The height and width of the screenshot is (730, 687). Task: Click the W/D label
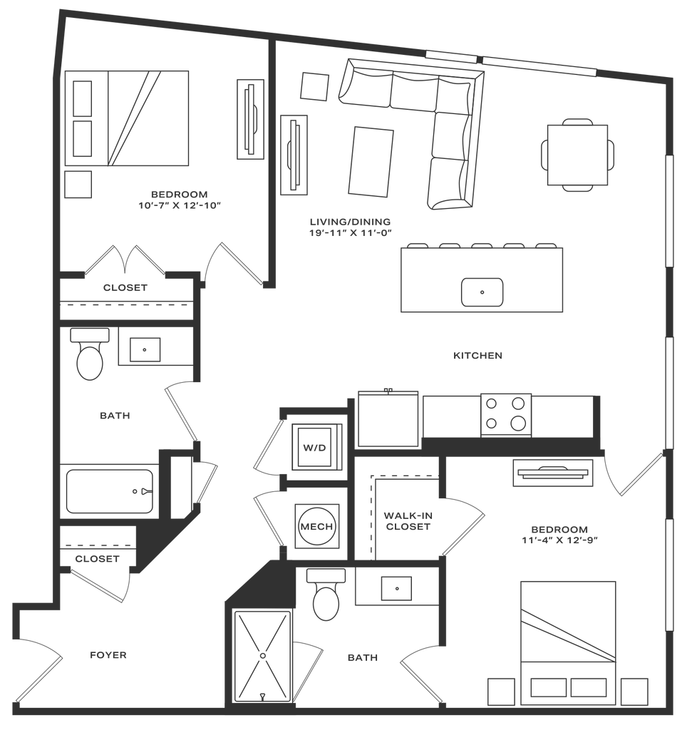315,448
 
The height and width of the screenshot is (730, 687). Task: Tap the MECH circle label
316,527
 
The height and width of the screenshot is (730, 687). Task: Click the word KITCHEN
477,356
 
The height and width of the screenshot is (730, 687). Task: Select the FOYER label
108,655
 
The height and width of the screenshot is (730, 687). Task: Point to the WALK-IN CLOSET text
408,521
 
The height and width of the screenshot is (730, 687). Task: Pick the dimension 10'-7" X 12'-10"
179,205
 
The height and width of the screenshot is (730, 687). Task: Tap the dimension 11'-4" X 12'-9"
559,540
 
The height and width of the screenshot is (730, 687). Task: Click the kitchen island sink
482,292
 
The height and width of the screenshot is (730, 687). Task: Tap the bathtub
110,491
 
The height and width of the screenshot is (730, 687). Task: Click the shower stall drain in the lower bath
263,656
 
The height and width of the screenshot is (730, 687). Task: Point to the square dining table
578,155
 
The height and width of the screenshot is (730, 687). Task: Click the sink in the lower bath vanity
396,588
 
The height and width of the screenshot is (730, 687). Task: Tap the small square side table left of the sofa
315,86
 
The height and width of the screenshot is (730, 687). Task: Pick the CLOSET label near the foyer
98,559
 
